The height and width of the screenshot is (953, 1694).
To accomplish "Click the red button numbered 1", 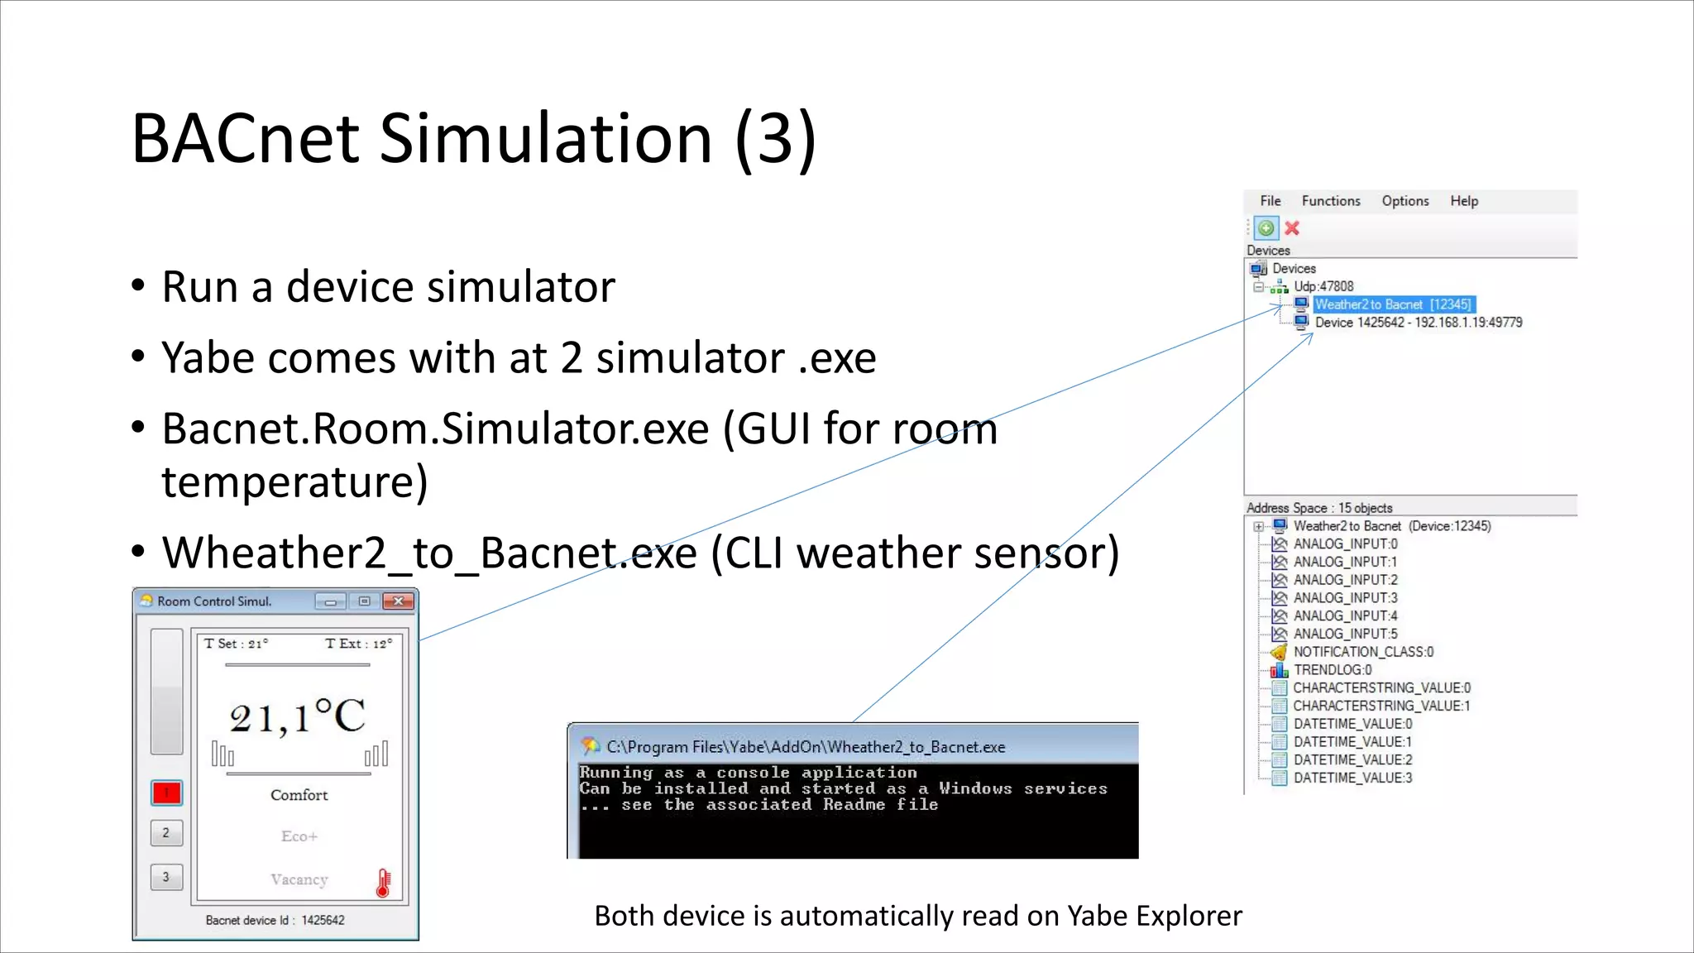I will (166, 793).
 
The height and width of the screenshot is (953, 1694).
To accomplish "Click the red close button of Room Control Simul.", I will (399, 601).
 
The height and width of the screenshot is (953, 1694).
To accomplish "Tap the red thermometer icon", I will (383, 884).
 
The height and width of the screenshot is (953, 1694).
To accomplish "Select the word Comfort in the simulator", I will (299, 795).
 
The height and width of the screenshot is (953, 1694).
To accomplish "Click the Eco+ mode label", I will (299, 836).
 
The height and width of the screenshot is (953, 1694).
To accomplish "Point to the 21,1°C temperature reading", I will (297, 716).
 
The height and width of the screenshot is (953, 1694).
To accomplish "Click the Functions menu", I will (1330, 201).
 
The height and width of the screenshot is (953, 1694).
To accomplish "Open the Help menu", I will (1463, 201).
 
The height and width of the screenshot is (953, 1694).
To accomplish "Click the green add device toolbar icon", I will (1266, 228).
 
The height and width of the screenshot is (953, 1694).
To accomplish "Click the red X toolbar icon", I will (1292, 228).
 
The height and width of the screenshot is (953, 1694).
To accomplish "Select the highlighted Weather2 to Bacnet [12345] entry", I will (1393, 304).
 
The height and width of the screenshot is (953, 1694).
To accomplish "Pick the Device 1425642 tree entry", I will (1418, 323).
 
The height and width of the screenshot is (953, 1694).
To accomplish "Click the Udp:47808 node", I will (1323, 286).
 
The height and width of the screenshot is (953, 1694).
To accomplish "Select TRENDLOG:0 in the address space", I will (1332, 670).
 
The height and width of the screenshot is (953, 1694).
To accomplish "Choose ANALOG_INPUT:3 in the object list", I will (1345, 598).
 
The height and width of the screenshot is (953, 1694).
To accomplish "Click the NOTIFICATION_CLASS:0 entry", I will (1363, 652).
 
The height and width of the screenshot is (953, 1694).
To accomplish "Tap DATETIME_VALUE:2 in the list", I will (1352, 759).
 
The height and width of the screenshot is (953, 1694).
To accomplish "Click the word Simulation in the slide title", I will (545, 138).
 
